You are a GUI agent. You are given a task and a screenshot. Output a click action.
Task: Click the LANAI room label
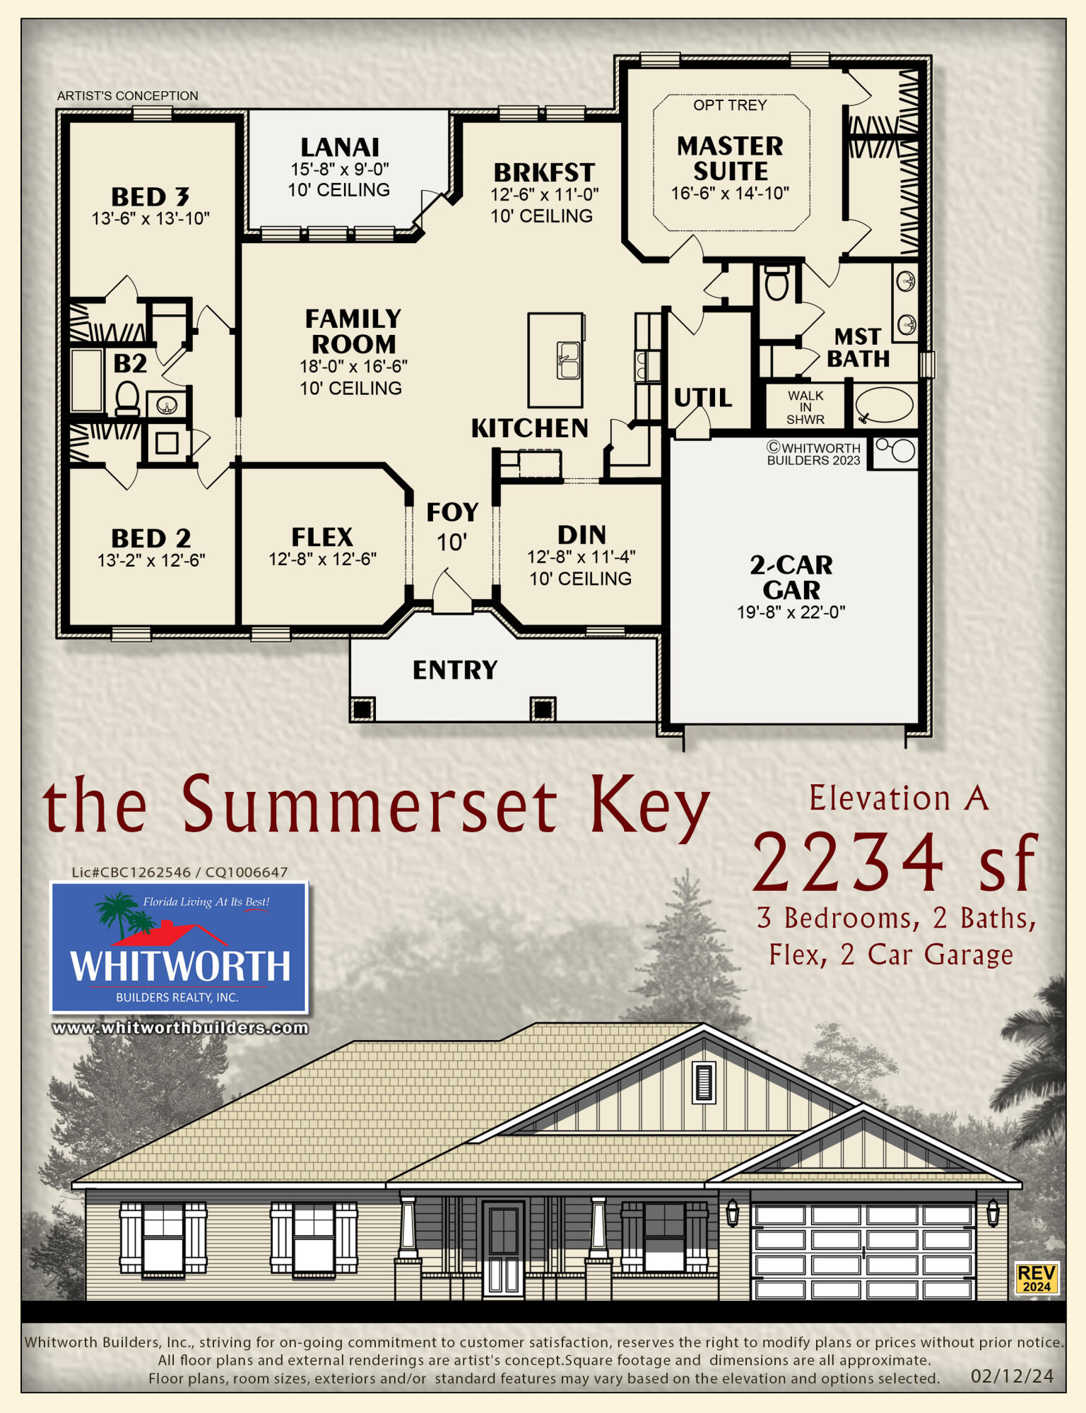(x=340, y=147)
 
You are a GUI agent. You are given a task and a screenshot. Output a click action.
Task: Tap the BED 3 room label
(x=150, y=196)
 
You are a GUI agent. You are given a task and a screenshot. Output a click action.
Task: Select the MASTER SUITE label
(x=730, y=158)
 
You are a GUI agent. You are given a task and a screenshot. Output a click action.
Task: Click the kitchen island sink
(x=569, y=360)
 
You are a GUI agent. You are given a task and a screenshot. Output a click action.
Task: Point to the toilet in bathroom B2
(x=127, y=398)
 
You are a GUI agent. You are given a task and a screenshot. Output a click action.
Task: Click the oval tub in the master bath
(x=885, y=405)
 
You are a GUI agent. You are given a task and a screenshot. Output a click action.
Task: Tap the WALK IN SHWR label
(x=805, y=408)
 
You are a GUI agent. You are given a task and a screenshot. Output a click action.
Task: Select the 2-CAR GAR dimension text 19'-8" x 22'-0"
(x=791, y=612)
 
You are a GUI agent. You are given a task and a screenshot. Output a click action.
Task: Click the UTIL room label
(x=702, y=398)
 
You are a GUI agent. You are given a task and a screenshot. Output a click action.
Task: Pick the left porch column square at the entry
(x=362, y=709)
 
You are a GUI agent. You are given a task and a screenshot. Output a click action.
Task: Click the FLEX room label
(x=322, y=537)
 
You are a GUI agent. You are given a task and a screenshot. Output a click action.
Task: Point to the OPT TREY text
(x=730, y=105)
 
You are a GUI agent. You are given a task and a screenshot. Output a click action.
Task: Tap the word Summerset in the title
(x=369, y=805)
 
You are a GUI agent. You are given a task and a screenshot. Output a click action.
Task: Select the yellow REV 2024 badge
(x=1037, y=1277)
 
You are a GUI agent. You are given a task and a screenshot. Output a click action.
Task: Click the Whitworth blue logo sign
(x=179, y=947)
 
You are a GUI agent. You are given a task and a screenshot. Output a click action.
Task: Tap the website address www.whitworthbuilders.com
(x=180, y=1028)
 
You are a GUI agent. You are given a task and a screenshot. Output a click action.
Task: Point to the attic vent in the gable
(x=704, y=1082)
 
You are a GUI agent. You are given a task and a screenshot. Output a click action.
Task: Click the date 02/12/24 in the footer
(x=1012, y=1376)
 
